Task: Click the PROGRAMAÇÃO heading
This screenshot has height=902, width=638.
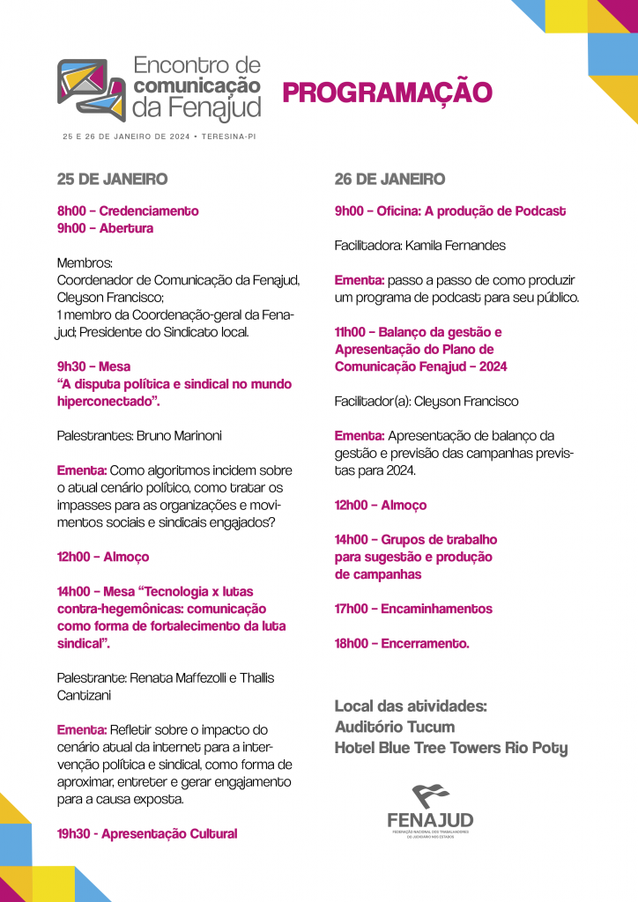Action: [387, 92]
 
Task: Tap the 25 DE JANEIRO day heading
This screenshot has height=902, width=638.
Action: [112, 179]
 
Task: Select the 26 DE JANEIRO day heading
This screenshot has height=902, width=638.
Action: [389, 179]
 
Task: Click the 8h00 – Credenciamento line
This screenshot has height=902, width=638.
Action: [128, 211]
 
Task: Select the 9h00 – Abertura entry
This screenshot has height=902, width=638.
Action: [105, 228]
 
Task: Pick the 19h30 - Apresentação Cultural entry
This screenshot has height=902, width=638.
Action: [147, 833]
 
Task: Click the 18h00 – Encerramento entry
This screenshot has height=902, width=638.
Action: [402, 643]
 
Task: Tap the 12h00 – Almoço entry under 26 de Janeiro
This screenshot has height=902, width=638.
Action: [381, 505]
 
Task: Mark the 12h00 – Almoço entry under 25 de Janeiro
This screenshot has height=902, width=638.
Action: [103, 557]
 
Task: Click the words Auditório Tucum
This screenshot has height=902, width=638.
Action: [395, 728]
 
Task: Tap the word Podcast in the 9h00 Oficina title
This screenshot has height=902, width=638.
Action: [536, 211]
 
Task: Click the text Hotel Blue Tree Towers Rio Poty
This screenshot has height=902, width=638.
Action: [451, 749]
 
